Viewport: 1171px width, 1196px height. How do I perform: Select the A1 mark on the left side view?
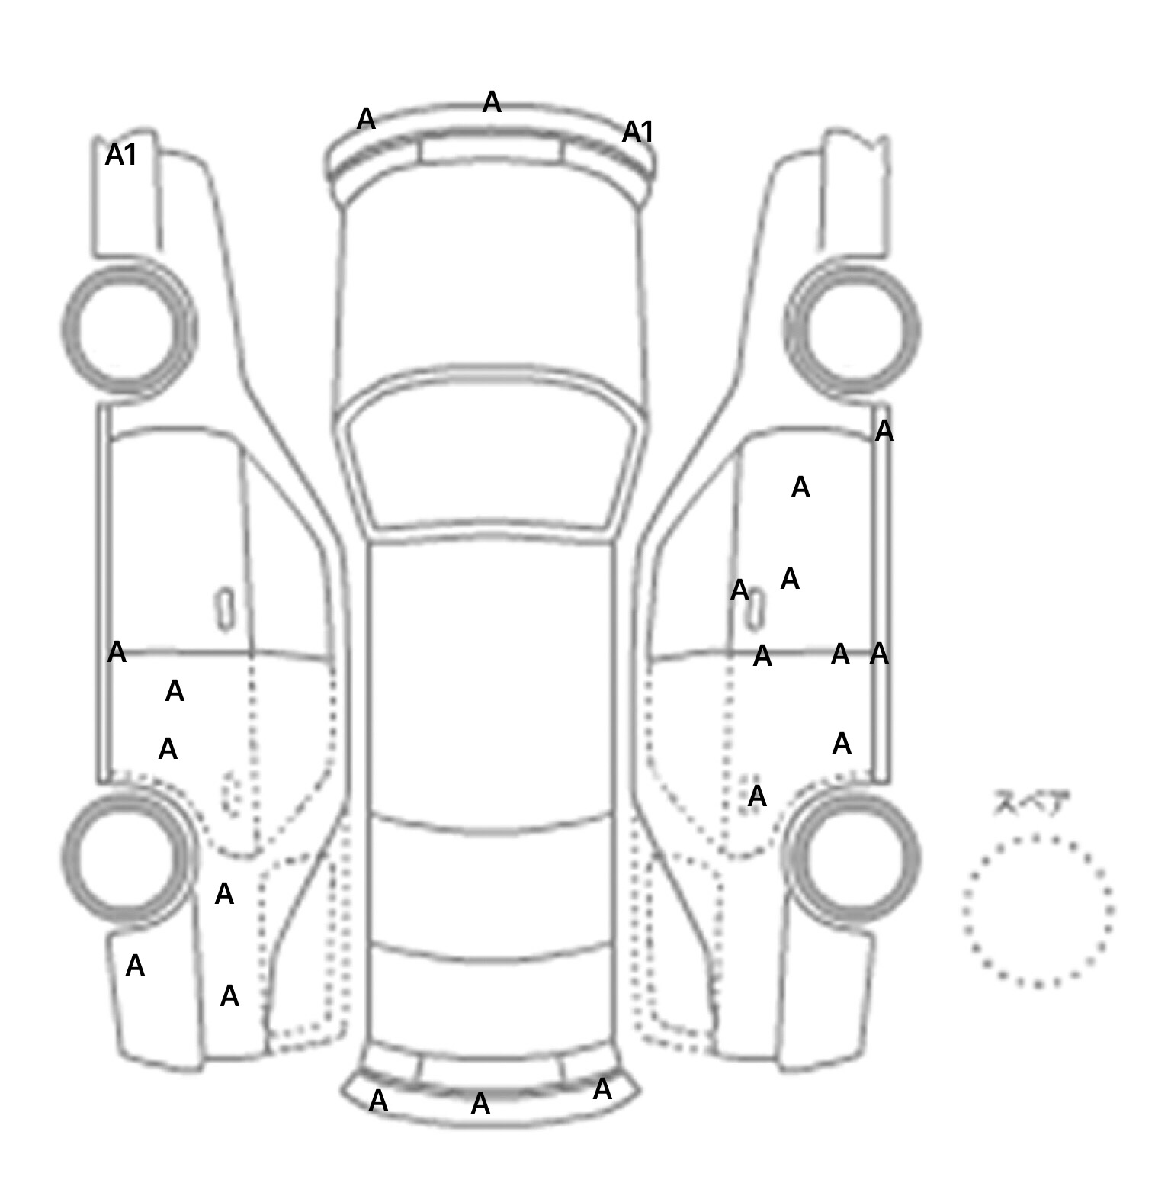[x=121, y=155]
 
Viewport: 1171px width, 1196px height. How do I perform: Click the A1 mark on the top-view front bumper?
[x=638, y=132]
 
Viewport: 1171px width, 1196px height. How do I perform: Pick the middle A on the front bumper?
[x=492, y=101]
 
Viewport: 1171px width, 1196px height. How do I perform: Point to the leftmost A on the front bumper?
[x=366, y=119]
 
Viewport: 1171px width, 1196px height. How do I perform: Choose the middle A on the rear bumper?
[x=480, y=1103]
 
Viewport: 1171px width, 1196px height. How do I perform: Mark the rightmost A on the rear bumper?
[x=602, y=1088]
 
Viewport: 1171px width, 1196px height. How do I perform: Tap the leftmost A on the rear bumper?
[x=378, y=1100]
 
